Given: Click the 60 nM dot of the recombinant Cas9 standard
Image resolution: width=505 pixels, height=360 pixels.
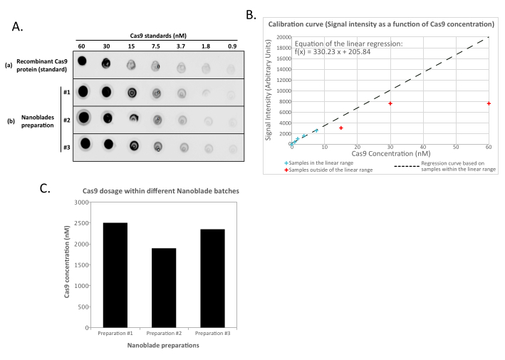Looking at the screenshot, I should pos(83,61).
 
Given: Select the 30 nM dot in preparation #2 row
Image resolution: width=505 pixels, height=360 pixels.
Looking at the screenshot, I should pos(108,118).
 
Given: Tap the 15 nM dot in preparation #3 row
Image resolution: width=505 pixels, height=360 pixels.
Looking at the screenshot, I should pos(133,145).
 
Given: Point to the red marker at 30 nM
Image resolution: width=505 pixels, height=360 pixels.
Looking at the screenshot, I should pos(390,103).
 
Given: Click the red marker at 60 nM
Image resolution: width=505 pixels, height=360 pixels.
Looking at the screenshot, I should pos(489,103).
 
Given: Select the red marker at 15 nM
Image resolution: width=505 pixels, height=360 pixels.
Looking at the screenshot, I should pos(341,128).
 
